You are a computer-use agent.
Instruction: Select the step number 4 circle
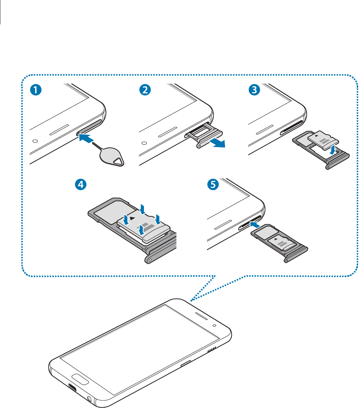(80, 185)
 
